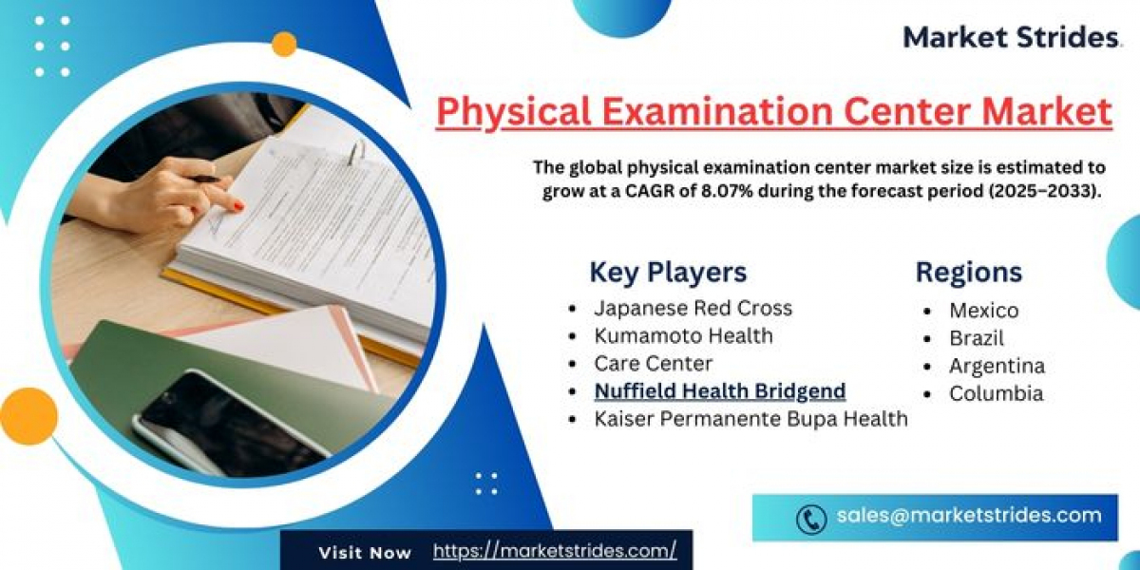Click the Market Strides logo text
[1010, 38]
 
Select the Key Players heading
[668, 273]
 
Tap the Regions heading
[968, 273]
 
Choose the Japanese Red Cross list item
[693, 308]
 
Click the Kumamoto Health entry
[683, 336]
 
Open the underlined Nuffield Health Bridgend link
[720, 390]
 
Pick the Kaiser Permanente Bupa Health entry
[750, 419]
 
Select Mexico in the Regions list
[984, 311]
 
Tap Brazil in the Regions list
[977, 338]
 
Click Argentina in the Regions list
[997, 366]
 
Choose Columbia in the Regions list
[996, 393]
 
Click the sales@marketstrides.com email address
[969, 516]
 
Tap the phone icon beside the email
[810, 519]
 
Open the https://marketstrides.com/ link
[555, 551]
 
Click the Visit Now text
[365, 553]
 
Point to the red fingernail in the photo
[238, 206]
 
